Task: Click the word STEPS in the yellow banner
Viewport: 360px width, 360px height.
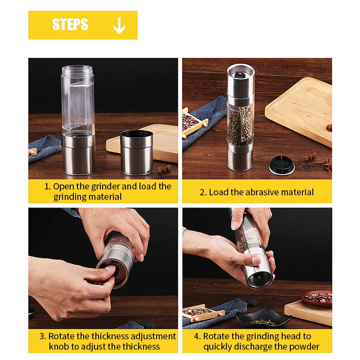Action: pos(70,24)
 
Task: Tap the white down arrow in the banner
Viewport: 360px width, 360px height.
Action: pos(119,26)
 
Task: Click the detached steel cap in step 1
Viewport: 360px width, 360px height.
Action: pos(137,153)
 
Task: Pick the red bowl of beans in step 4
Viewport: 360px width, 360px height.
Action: pos(317,298)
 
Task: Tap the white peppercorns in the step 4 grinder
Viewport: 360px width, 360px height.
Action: pos(253,237)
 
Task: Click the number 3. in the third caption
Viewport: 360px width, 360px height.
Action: pos(43,336)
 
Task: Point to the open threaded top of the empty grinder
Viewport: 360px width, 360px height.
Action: pos(77,69)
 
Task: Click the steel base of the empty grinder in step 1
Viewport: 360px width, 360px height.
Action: pos(79,154)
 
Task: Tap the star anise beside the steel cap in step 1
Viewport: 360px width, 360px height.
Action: pos(164,170)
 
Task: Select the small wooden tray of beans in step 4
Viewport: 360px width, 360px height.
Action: pos(203,313)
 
